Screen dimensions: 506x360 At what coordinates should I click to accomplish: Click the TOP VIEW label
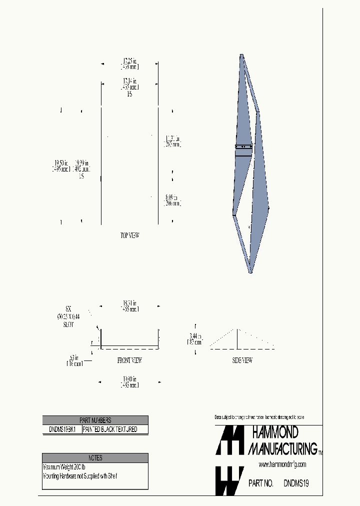tap(129, 235)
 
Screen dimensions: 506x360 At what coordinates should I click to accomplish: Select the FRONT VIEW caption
tap(129, 360)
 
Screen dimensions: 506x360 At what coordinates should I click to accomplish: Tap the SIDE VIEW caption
tap(242, 360)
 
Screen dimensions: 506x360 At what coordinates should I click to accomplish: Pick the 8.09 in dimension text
tap(172, 200)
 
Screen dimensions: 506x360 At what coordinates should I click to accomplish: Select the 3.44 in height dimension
tap(195, 338)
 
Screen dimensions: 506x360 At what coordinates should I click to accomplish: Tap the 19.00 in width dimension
tap(129, 382)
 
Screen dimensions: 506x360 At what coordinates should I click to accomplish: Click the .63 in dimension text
tap(74, 360)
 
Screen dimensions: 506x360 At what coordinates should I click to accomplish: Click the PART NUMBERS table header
tap(95, 420)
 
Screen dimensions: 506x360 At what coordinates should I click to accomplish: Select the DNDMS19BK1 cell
tap(62, 429)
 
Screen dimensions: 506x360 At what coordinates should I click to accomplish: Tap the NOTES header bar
tap(95, 457)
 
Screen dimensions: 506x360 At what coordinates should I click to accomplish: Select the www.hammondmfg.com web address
tap(282, 464)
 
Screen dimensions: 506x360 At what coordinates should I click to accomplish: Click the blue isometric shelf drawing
tap(250, 165)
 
